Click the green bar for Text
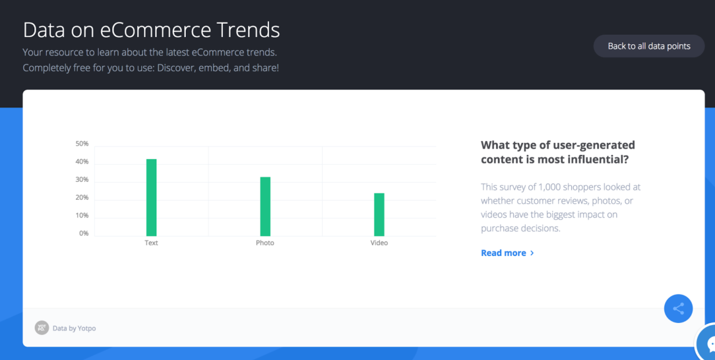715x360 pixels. coord(152,197)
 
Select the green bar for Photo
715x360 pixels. coord(265,206)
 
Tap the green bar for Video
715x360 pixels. coord(379,215)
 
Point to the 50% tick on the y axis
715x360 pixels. coord(82,144)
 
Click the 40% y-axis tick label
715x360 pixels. coord(82,162)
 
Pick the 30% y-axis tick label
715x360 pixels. coord(82,179)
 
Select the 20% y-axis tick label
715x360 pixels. coord(82,198)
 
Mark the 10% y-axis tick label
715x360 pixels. coord(82,216)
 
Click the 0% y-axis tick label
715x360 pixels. coord(84,233)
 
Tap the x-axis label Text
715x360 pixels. coord(152,243)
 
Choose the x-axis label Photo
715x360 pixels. coord(265,243)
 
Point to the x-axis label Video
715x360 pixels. coord(379,243)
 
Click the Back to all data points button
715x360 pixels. coord(649,46)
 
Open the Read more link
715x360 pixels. coord(507,253)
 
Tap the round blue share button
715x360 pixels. coord(679,309)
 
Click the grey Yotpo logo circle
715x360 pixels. coord(42,328)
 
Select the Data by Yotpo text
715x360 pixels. coord(75,328)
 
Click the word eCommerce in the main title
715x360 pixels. coord(156,30)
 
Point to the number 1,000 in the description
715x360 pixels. coord(549,187)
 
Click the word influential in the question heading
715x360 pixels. coord(596,160)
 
